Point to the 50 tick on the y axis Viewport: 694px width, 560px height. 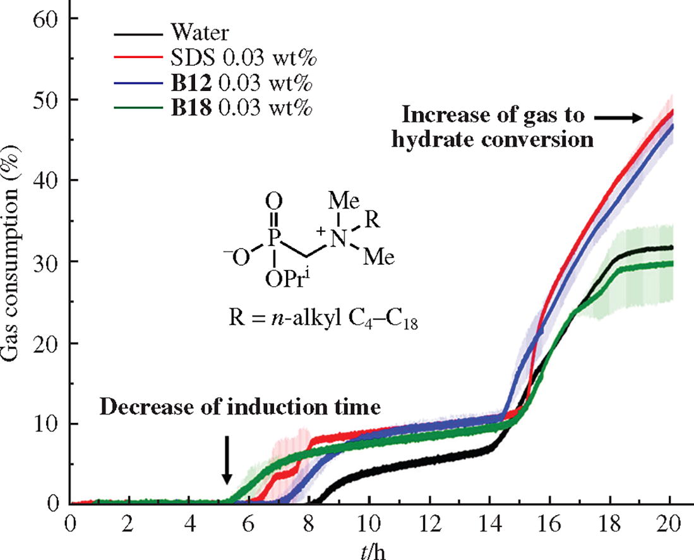coord(45,100)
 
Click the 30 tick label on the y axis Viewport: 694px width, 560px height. coord(45,262)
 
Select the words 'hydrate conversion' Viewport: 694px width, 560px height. coord(493,140)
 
